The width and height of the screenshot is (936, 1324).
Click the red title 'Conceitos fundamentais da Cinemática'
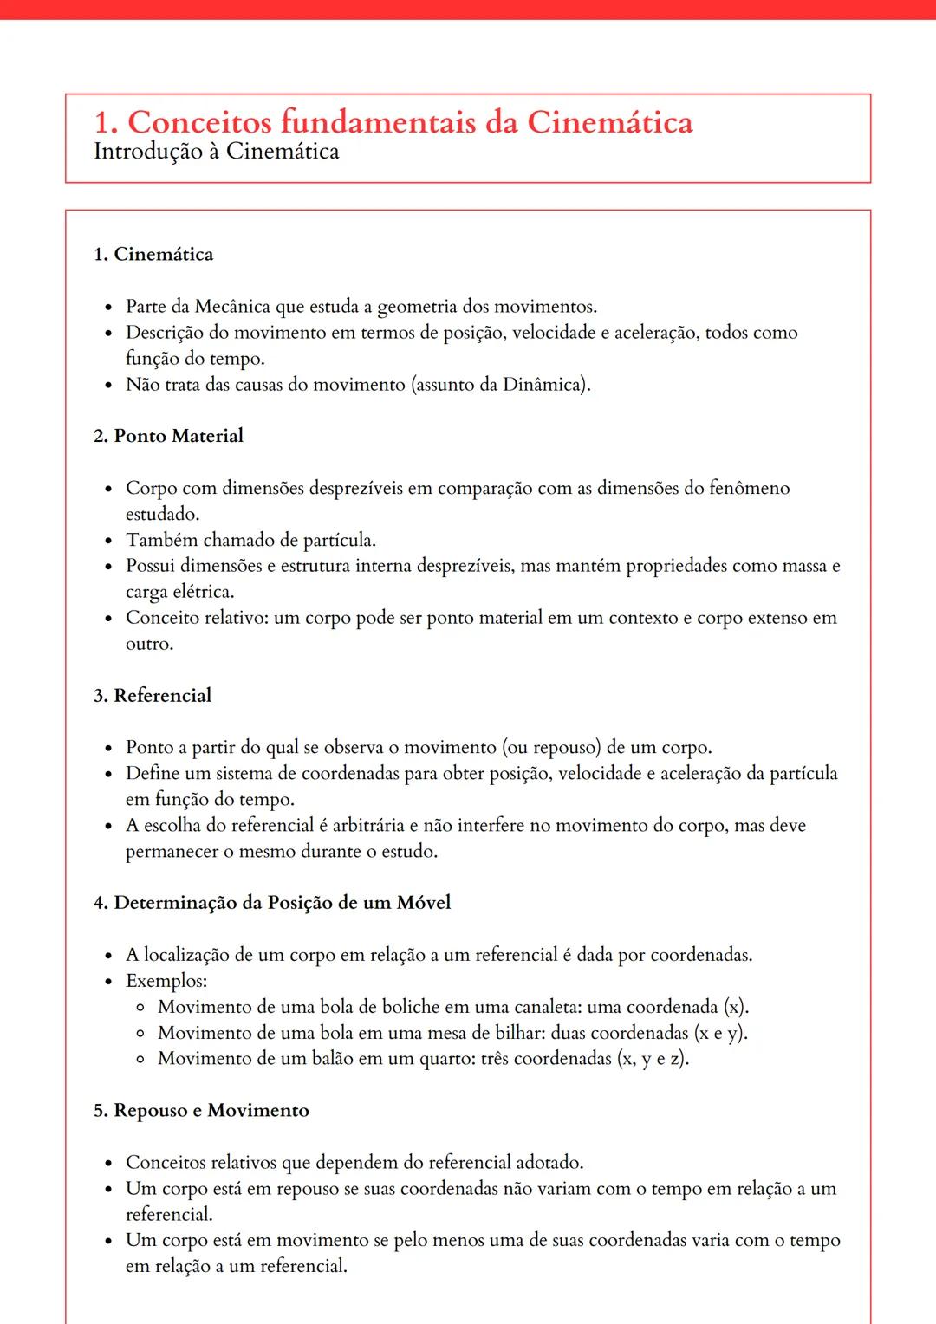pyautogui.click(x=409, y=122)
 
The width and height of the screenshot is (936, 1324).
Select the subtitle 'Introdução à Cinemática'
pyautogui.click(x=217, y=152)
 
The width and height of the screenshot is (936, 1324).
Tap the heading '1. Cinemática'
pyautogui.click(x=153, y=254)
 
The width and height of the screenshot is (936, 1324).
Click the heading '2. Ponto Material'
pyautogui.click(x=168, y=436)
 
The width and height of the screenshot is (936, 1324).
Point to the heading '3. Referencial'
pyautogui.click(x=153, y=696)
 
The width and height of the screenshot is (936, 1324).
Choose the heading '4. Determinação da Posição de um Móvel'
pyautogui.click(x=272, y=903)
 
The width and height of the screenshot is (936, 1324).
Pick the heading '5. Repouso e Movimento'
pyautogui.click(x=201, y=1111)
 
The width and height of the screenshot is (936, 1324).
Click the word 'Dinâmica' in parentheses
pyautogui.click(x=543, y=385)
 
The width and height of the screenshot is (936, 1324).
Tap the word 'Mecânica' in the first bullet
pyautogui.click(x=232, y=307)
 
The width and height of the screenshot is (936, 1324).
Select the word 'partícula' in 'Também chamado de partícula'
pyautogui.click(x=339, y=541)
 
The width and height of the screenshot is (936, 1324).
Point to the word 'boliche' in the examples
pyautogui.click(x=411, y=1007)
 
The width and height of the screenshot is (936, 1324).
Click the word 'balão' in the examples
pyautogui.click(x=330, y=1059)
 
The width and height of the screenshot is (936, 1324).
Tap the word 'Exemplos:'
pyautogui.click(x=166, y=981)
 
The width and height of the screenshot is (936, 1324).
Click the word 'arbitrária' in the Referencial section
pyautogui.click(x=368, y=826)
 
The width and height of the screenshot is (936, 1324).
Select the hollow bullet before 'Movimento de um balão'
pyautogui.click(x=140, y=1060)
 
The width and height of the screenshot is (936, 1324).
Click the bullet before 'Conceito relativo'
pyautogui.click(x=108, y=620)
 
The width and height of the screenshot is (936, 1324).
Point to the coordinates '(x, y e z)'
pyautogui.click(x=653, y=1059)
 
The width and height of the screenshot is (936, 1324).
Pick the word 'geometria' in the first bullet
pyautogui.click(x=417, y=307)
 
